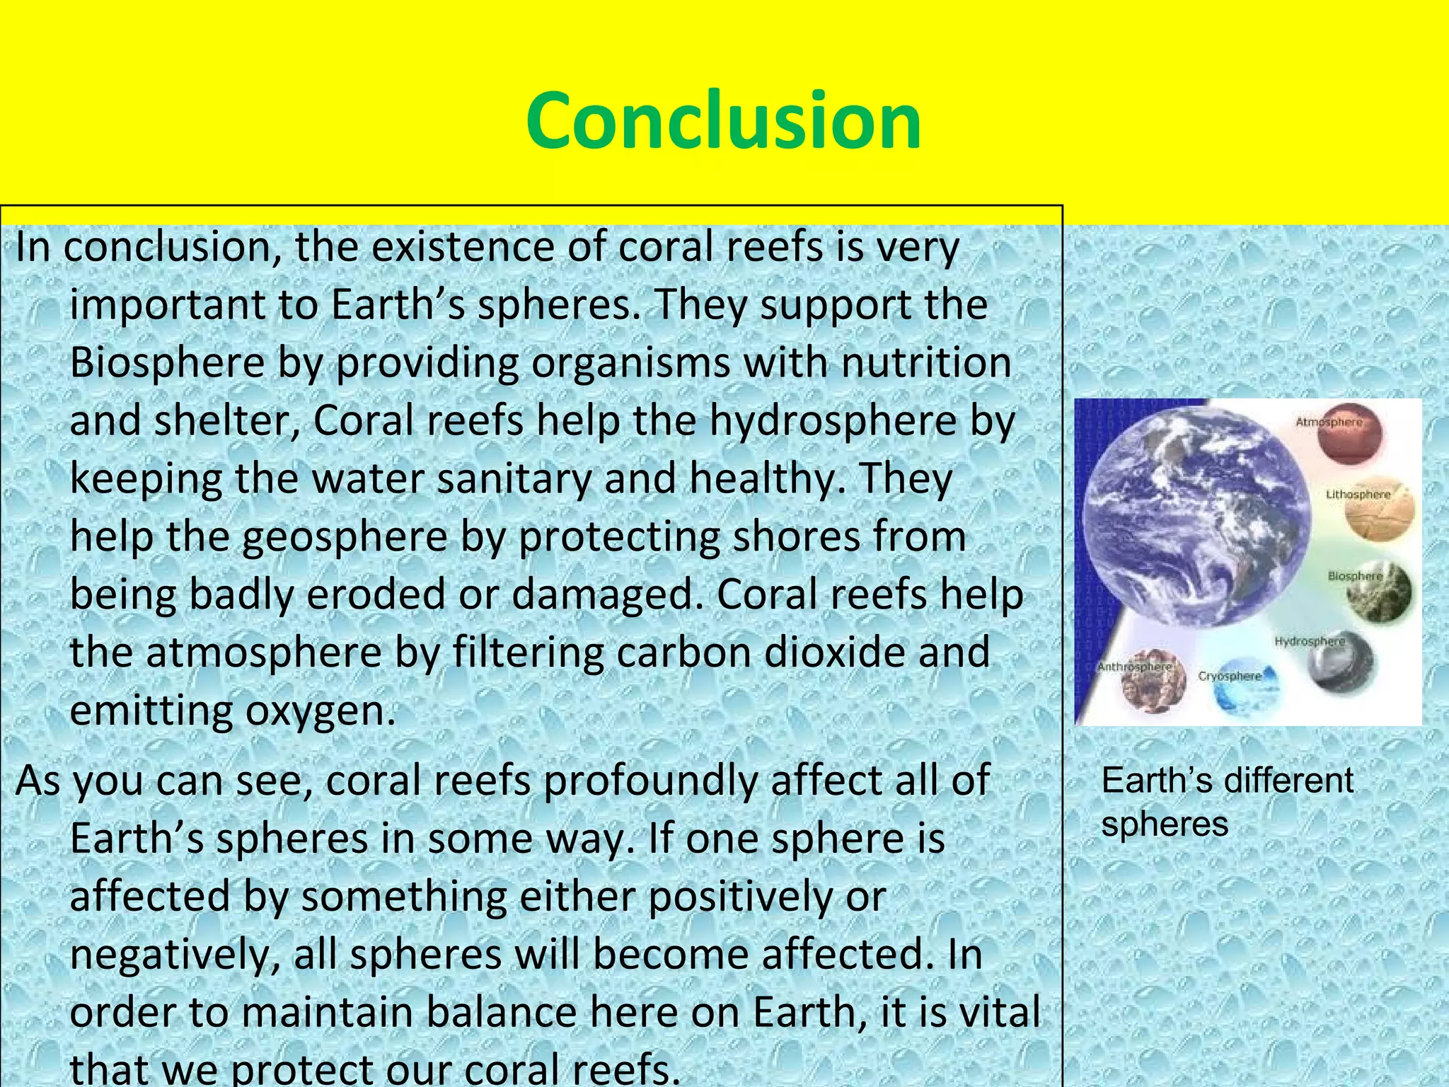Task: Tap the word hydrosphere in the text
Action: (832, 421)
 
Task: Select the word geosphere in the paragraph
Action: (345, 537)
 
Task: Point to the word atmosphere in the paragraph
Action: (263, 652)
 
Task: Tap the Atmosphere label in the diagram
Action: (1328, 422)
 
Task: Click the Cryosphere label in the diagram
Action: (1230, 676)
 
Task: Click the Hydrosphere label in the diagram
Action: (1309, 641)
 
